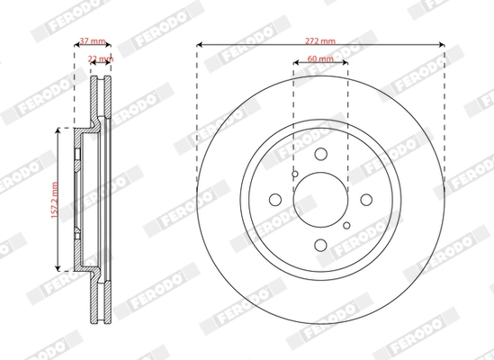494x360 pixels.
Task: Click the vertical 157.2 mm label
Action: click(x=55, y=199)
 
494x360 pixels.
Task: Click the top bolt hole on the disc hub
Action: click(x=321, y=155)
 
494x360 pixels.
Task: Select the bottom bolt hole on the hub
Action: click(x=321, y=244)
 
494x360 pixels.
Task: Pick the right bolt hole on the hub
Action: click(x=365, y=200)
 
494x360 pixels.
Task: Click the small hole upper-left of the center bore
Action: click(x=294, y=174)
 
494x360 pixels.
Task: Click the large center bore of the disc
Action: click(x=321, y=200)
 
